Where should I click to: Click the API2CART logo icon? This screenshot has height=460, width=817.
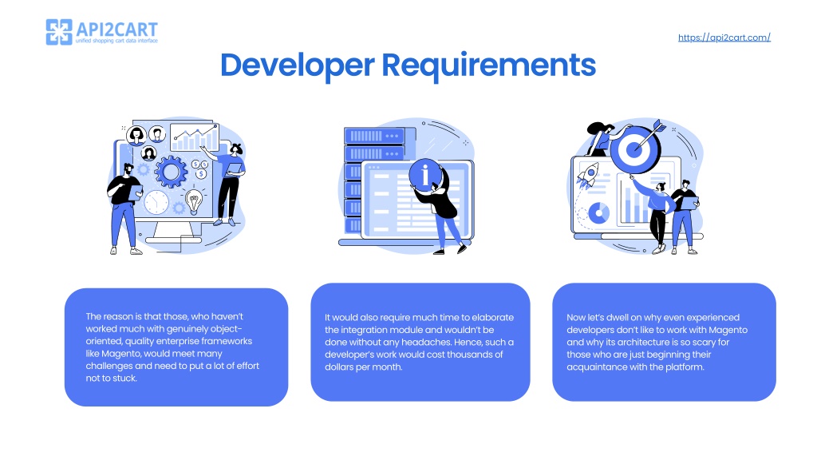[x=59, y=32]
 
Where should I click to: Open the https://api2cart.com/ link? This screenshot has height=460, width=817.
[x=724, y=38]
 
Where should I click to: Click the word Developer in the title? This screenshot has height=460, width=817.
[x=297, y=65]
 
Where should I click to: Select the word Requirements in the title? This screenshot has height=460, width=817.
[x=489, y=65]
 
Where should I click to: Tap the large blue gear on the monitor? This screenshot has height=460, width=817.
[x=171, y=172]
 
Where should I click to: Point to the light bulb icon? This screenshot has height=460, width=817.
[x=194, y=200]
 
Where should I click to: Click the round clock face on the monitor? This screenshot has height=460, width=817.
[x=156, y=202]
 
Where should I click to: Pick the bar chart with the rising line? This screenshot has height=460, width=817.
[x=195, y=137]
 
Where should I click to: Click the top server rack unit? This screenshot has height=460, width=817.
[x=374, y=136]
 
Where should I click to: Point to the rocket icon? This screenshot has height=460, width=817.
[x=588, y=174]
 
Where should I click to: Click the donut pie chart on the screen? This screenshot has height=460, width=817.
[x=598, y=212]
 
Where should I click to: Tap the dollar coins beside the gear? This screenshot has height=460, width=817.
[x=200, y=169]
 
